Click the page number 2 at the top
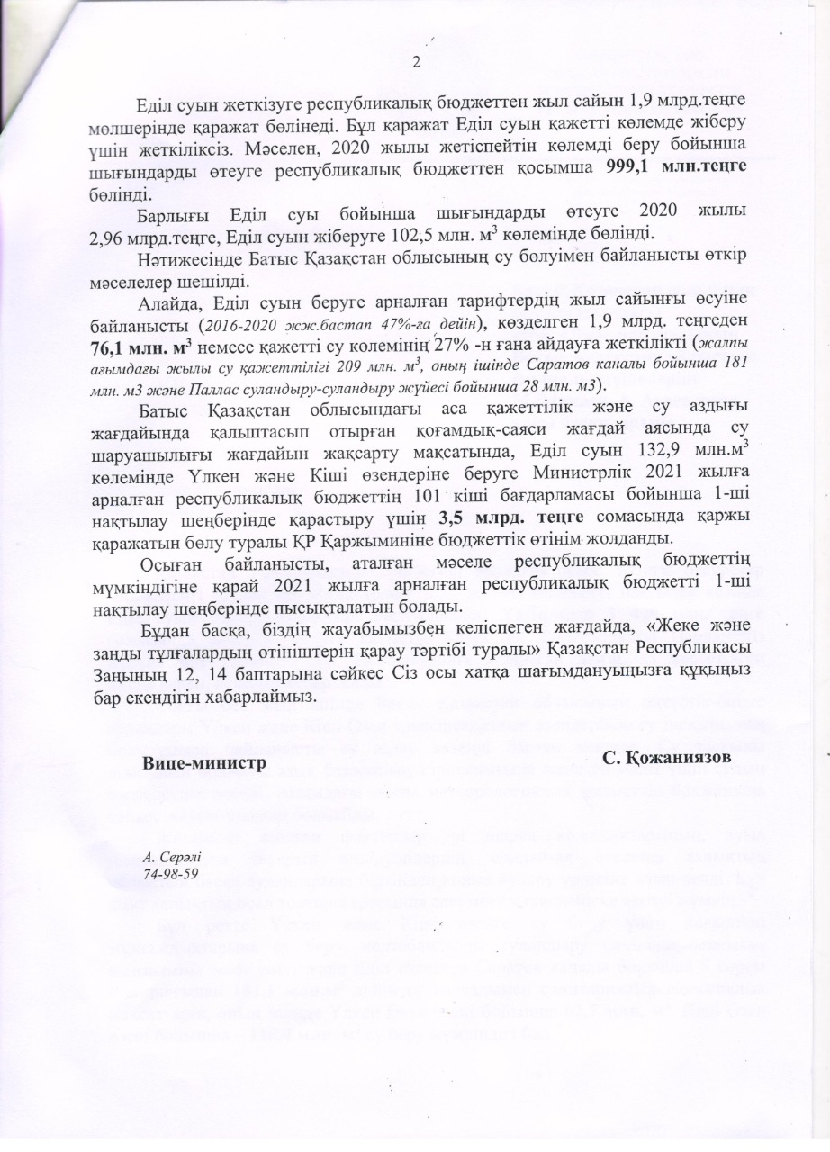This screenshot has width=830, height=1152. (416, 62)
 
